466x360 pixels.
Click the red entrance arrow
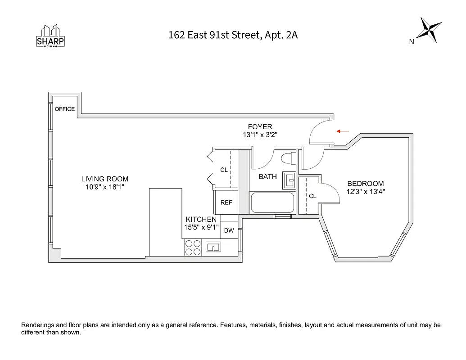(x=343, y=131)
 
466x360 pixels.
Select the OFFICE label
(x=64, y=109)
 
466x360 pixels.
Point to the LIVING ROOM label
(x=104, y=179)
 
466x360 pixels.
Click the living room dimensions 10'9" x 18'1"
(x=104, y=187)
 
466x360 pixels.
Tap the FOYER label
(x=260, y=127)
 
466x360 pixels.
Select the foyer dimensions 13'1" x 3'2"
(x=260, y=135)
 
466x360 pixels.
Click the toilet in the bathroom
(x=287, y=158)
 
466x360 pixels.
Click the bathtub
(x=272, y=203)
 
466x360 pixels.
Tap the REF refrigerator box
(x=226, y=202)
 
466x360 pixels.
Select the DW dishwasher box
(x=229, y=230)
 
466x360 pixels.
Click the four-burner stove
(x=193, y=247)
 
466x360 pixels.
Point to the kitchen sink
(x=213, y=247)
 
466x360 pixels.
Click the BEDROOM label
(x=365, y=184)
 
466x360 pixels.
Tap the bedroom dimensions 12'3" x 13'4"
(x=365, y=191)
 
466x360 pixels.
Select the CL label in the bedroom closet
(x=312, y=196)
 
